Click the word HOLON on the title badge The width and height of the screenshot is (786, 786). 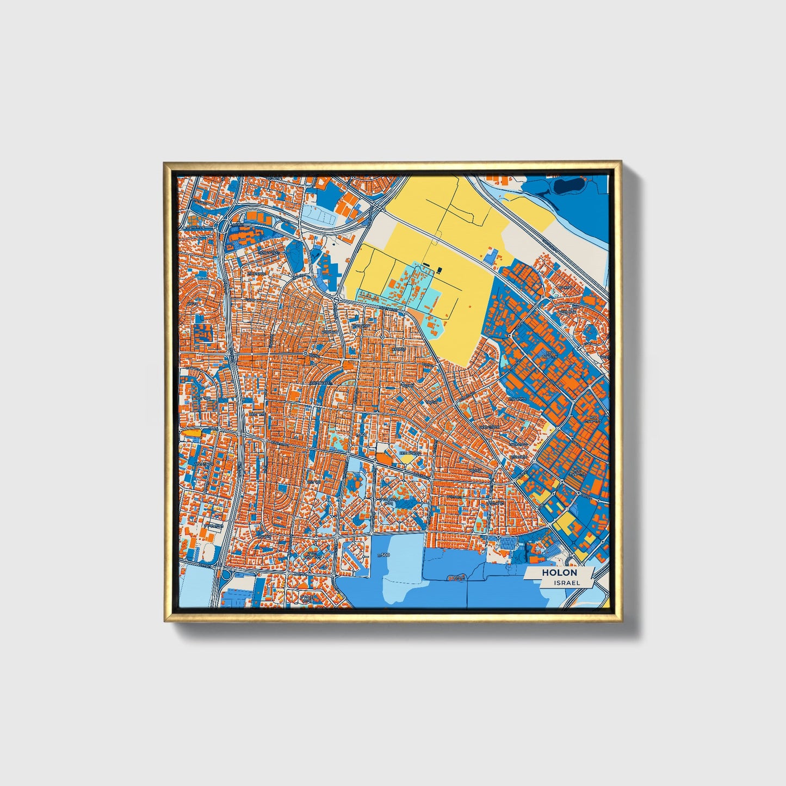coord(559,573)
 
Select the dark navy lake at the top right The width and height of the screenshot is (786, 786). coord(566,187)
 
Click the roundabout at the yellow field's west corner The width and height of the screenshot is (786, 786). coord(337,299)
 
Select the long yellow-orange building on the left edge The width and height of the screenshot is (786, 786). coord(191,432)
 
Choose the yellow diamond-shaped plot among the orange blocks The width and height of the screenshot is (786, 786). coord(406,459)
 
